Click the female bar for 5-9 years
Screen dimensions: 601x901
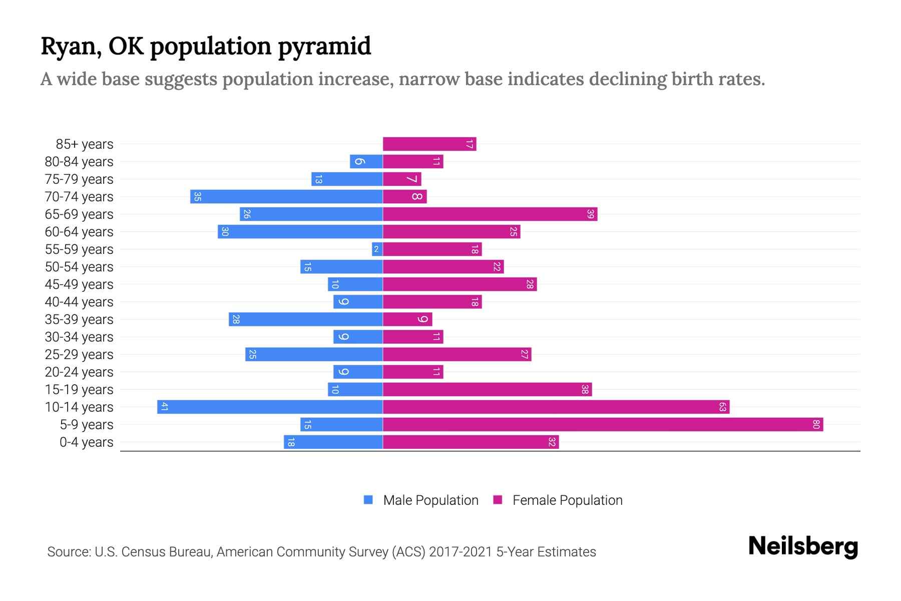(603, 425)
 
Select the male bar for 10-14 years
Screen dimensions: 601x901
(270, 407)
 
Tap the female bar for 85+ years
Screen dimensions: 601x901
(429, 144)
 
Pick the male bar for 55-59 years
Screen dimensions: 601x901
(377, 249)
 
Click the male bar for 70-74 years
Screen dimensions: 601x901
(286, 197)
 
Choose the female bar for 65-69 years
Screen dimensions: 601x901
(490, 214)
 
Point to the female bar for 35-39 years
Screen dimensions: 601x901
(407, 320)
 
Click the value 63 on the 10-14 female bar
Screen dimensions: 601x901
(722, 407)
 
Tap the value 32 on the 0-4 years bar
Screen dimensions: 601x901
(552, 442)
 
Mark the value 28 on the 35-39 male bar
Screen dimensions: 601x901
(236, 320)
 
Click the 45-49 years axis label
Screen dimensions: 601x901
(79, 284)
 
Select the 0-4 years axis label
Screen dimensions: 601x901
(86, 442)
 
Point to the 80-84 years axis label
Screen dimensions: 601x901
(79, 162)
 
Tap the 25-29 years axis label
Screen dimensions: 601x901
(79, 355)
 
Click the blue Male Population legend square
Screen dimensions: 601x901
(368, 500)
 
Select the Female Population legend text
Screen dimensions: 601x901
(567, 500)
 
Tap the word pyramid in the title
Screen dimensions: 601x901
(324, 47)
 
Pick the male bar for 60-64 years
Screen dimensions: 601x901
(300, 232)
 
